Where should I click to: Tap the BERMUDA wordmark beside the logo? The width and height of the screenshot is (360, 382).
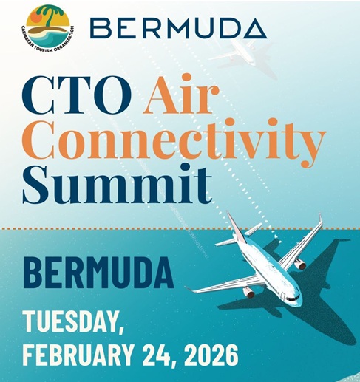tap(176, 29)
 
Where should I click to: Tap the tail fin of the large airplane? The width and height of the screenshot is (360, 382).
tap(235, 225)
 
